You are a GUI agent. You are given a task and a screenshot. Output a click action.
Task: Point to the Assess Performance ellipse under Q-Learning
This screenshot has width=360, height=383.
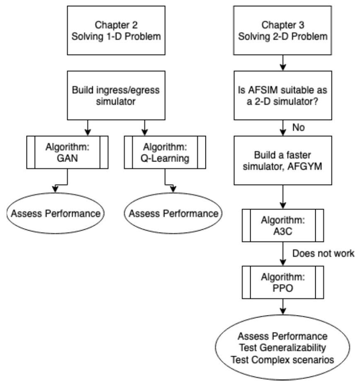(173, 214)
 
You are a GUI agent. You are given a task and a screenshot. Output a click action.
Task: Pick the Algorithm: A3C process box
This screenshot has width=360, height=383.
(282, 224)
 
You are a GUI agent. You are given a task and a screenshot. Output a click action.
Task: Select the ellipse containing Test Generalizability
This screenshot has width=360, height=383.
(282, 347)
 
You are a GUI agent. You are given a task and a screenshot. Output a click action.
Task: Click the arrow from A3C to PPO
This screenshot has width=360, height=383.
(282, 254)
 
